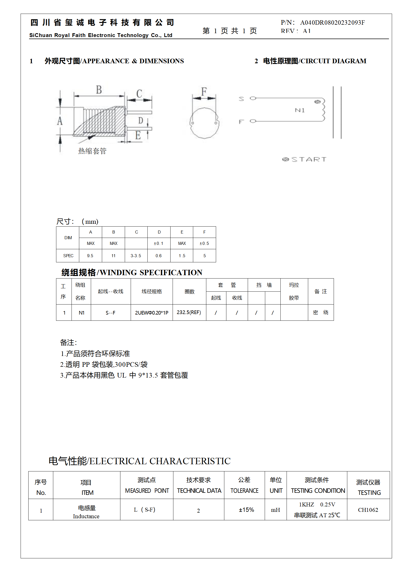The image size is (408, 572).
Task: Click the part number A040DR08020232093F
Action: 332,23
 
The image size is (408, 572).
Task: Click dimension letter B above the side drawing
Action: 99,90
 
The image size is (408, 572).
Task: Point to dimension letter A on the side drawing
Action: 60,121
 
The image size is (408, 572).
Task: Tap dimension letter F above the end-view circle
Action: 204,91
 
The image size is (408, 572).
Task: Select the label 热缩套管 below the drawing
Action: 92,151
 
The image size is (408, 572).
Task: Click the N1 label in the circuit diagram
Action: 300,110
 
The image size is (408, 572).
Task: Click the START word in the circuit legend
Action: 309,159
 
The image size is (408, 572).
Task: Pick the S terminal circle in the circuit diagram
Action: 253,98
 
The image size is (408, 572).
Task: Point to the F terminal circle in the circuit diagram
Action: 253,121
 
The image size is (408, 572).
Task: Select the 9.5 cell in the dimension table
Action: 90,256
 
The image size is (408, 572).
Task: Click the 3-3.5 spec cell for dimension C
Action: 136,256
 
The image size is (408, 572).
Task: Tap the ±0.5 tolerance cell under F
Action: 204,243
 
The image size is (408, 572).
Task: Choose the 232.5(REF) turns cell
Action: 189,312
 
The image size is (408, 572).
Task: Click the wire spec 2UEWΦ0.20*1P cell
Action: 152,313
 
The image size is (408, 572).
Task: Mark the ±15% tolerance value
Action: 246,510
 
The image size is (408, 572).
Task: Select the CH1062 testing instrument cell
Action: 368,510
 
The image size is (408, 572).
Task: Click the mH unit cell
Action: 275,510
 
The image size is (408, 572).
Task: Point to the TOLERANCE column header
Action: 244,491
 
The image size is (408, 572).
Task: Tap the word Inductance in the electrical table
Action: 86,516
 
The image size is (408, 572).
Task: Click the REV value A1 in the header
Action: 307,31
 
